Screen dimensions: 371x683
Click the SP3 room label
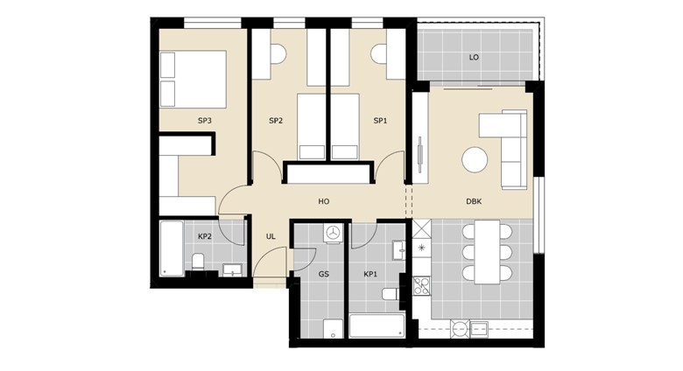[204, 121]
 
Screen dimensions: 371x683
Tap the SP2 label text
[275, 121]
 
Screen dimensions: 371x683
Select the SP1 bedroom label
[379, 121]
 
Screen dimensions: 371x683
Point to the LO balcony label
[474, 58]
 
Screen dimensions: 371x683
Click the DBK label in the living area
[474, 201]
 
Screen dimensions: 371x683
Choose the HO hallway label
[323, 201]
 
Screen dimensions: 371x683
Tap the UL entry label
[271, 236]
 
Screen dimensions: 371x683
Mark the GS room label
[323, 274]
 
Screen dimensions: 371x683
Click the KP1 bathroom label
[370, 274]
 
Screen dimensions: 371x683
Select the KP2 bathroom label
[204, 236]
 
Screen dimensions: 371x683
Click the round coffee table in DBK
[475, 159]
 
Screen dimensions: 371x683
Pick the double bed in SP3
[193, 79]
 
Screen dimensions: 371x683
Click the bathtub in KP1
[377, 326]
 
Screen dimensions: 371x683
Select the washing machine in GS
[332, 234]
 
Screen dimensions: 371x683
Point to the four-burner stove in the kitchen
[421, 285]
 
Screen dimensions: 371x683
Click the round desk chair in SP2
[277, 54]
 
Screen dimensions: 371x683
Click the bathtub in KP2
[172, 248]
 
